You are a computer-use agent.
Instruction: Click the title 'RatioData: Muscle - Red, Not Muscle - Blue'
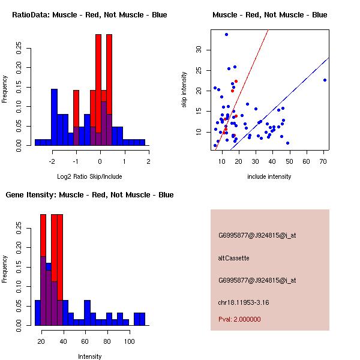point(89,14)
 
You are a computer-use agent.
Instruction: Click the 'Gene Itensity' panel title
point(89,195)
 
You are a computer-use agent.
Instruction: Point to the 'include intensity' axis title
point(269,176)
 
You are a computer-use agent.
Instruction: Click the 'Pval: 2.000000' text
point(239,319)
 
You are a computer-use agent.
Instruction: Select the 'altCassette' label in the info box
point(233,258)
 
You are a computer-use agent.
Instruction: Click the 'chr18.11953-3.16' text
point(243,302)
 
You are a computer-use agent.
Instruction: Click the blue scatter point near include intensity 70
point(325,80)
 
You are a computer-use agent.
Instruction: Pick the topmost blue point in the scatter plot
point(226,34)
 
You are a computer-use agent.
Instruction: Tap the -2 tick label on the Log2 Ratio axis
point(52,161)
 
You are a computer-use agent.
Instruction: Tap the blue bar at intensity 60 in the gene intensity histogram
point(87,313)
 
